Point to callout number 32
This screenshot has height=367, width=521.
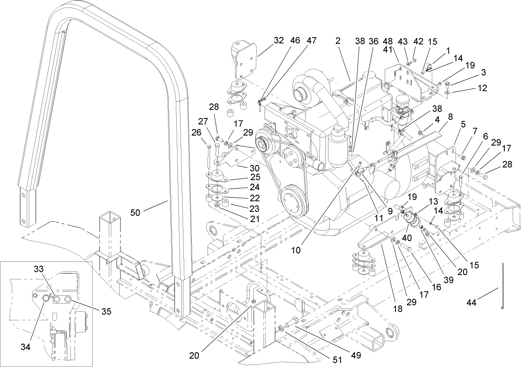tap(278, 41)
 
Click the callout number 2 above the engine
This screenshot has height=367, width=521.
tap(338, 41)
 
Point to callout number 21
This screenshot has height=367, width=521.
tap(253, 219)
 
